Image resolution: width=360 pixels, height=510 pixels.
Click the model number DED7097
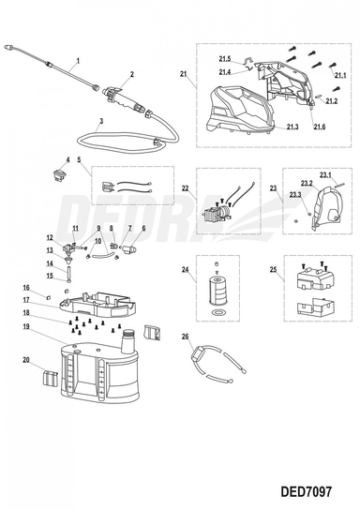coord(307,491)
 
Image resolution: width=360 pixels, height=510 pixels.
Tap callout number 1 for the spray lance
coord(78,61)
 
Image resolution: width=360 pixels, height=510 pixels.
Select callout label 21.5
coord(225,59)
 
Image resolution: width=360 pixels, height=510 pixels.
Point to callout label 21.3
coord(292,127)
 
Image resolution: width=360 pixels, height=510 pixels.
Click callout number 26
coord(185,336)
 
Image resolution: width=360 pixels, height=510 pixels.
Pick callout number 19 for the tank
coord(26,326)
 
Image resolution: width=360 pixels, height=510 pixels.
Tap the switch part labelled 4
coord(59,174)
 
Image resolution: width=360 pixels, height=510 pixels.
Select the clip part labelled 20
coord(50,380)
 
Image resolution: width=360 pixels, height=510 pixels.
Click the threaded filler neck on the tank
coord(128,341)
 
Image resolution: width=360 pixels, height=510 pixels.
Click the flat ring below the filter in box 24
coord(217,313)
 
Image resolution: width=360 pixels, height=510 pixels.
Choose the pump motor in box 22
coord(217,212)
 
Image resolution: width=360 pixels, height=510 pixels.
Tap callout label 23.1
coord(325,175)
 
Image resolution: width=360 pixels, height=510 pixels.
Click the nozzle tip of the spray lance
coord(8,48)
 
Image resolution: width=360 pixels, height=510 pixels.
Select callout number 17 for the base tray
coord(26,300)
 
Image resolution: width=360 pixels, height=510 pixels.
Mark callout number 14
coord(50,263)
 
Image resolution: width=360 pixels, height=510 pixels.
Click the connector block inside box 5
coord(107,187)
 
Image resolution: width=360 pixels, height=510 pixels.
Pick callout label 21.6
coord(320,127)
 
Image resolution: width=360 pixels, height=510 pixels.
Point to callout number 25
coord(273,269)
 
